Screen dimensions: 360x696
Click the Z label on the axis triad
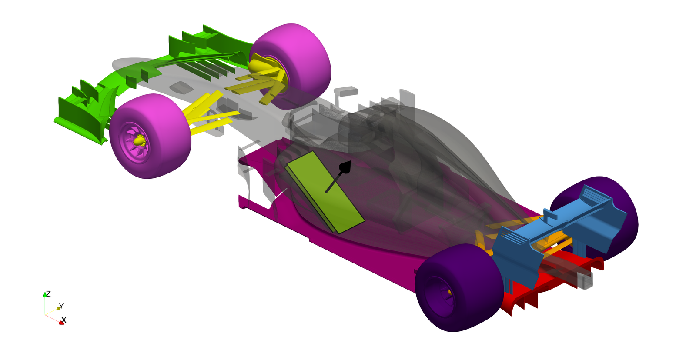point(48,294)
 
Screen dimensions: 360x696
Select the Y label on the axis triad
point(61,306)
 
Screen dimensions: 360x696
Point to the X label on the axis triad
point(64,320)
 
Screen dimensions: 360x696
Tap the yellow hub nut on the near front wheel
point(139,140)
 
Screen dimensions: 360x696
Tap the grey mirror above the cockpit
point(347,92)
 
